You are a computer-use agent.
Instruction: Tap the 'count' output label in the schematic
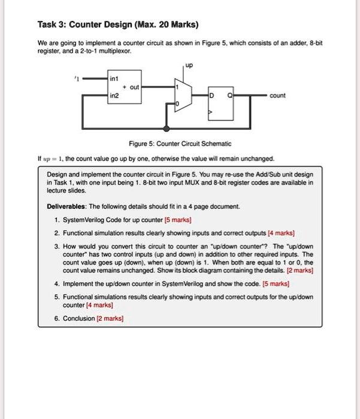click(x=277, y=95)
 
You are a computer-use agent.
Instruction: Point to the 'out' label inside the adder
click(x=134, y=87)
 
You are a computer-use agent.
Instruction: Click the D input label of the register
click(x=210, y=95)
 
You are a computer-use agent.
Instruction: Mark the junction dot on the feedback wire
click(x=166, y=128)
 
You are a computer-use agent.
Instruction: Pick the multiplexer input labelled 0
click(x=176, y=104)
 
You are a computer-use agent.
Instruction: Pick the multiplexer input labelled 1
click(x=176, y=87)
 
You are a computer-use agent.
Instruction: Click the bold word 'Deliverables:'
click(x=66, y=206)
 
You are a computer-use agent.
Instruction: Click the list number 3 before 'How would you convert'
click(x=56, y=246)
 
